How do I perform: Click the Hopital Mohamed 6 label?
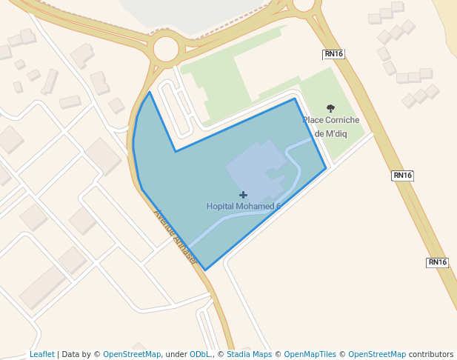coord(243,206)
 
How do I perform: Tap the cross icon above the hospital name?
coord(243,195)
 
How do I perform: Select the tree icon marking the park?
coord(330,108)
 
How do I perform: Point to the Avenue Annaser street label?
coord(175,236)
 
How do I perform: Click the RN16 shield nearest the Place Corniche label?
coord(333,54)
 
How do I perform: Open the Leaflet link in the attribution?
coord(41,355)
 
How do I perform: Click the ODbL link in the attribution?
coord(199,355)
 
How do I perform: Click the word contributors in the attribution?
coord(431,355)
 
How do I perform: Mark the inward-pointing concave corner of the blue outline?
coord(176,151)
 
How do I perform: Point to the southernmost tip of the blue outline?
coord(204,270)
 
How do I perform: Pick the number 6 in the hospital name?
coord(278,206)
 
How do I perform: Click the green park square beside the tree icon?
coord(344,144)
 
